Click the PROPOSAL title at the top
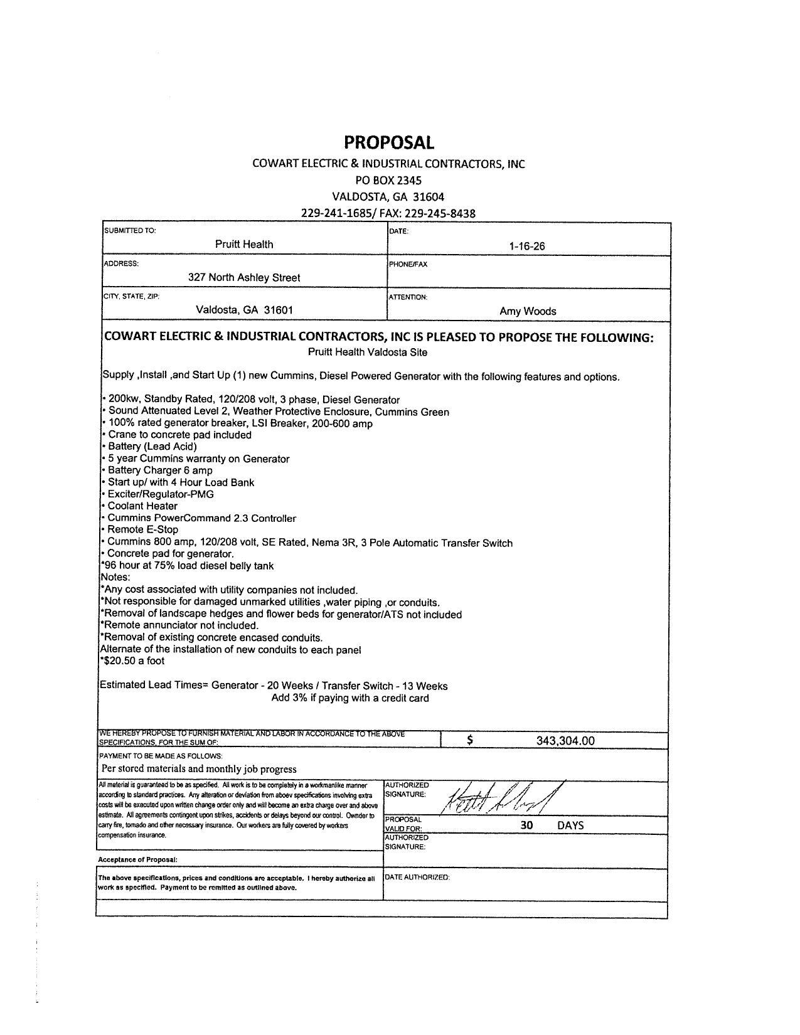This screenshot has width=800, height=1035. point(388,143)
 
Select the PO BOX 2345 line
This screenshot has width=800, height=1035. point(388,180)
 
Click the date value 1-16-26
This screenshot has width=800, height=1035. point(527,247)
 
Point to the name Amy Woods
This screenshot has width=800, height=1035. point(528,311)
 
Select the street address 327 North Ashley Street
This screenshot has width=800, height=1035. point(244,277)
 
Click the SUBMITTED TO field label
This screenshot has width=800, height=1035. point(130,230)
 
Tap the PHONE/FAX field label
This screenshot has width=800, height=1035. point(408,264)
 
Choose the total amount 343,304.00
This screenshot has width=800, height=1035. point(565,741)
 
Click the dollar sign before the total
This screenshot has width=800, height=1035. point(470,740)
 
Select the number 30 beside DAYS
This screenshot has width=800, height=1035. point(526,825)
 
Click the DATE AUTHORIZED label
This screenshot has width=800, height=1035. point(417,877)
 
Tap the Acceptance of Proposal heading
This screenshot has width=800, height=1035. point(137,859)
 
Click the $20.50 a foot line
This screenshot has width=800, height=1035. point(132,661)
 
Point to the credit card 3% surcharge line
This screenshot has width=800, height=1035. point(350,698)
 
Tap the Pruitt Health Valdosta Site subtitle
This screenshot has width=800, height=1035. point(367,353)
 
